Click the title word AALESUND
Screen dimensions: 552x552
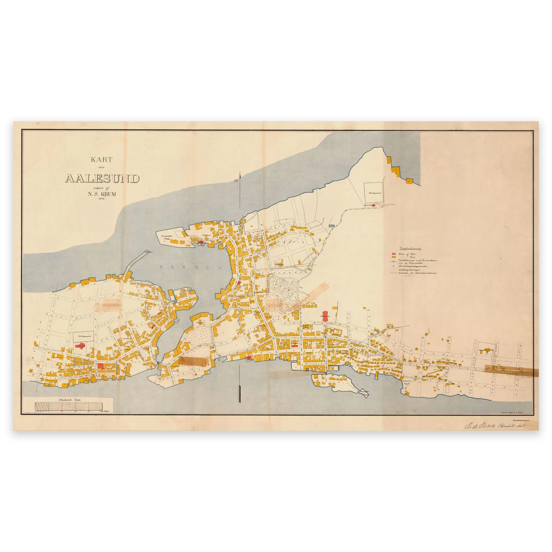(102, 178)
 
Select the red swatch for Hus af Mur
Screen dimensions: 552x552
(394, 254)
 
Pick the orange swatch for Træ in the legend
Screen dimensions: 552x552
(394, 257)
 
